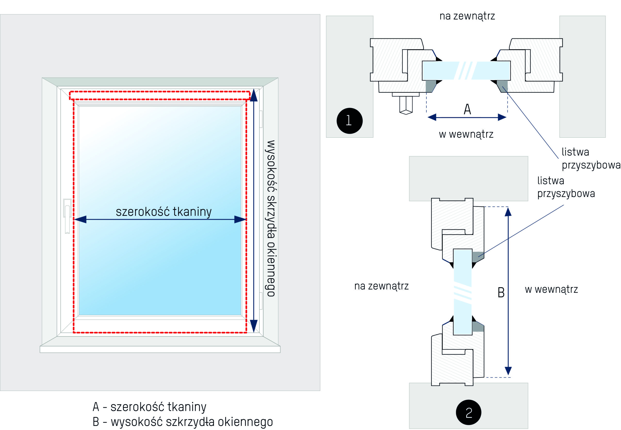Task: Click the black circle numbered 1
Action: coord(349,121)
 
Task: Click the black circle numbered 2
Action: coord(468,412)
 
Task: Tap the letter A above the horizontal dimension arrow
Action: coord(467,109)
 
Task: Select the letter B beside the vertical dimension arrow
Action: coord(501,292)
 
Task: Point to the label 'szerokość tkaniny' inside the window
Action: coord(163,212)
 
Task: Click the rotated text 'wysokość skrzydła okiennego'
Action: coord(271,218)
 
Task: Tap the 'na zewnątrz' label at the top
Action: coord(467,16)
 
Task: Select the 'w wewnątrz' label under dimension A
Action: coord(466,134)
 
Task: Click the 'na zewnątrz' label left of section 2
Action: coord(382,286)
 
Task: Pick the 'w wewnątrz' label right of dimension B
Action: coord(551,289)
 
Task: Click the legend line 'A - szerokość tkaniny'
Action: coord(149,407)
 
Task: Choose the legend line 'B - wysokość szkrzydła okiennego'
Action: coord(183,422)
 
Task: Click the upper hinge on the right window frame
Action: coord(261,119)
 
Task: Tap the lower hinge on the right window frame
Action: coord(261,301)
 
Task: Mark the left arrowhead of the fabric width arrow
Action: coord(80,219)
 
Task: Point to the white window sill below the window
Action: coord(160,349)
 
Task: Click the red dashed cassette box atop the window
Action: coord(159,96)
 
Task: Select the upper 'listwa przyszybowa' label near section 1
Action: coord(591,158)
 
